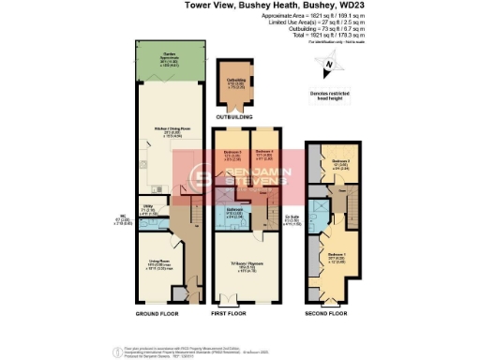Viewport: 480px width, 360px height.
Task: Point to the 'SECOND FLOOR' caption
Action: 325,312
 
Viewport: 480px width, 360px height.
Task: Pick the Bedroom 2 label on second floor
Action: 340,162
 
